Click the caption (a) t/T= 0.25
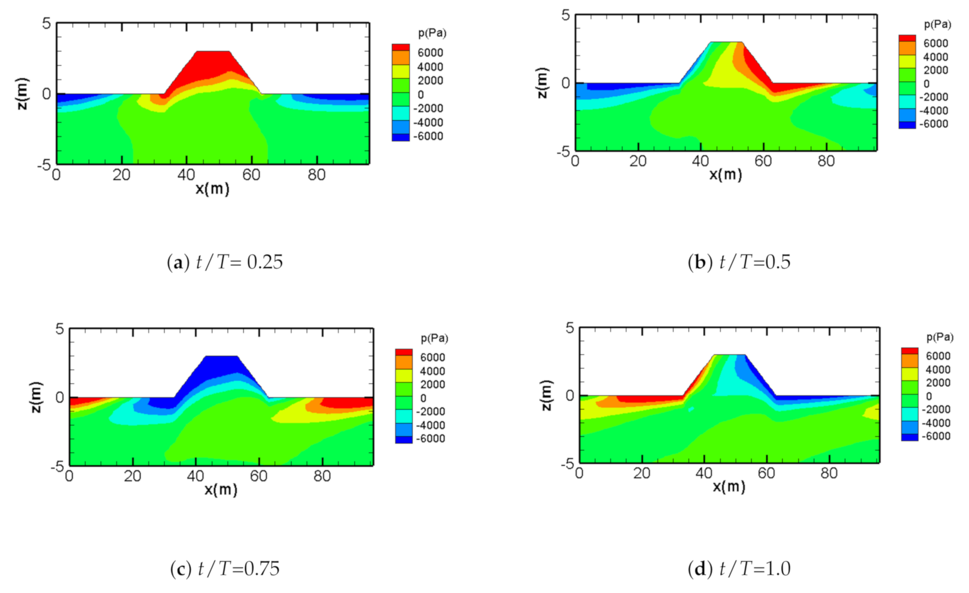[224, 262]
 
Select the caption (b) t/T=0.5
[739, 262]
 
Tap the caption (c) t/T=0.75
[224, 569]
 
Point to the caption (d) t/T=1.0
[739, 569]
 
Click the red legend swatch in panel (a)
[401, 47]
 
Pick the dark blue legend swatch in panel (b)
[907, 125]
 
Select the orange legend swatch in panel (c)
[404, 362]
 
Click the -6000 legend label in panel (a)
[428, 136]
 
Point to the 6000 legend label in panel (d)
[938, 356]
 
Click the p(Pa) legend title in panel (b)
[937, 24]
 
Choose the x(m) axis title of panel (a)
[212, 189]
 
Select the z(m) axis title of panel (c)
[36, 397]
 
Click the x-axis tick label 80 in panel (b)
[826, 161]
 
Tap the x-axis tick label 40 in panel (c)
[195, 476]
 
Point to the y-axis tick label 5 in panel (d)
[569, 328]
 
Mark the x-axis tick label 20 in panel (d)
[642, 473]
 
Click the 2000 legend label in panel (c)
[432, 385]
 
